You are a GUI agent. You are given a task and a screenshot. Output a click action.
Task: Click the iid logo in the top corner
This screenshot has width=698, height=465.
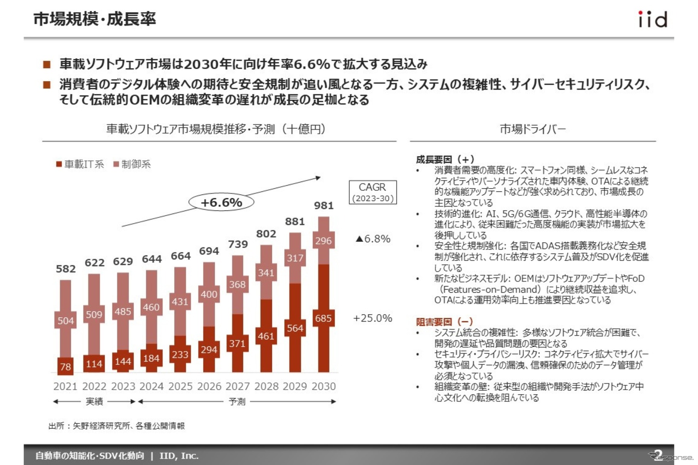tap(652, 19)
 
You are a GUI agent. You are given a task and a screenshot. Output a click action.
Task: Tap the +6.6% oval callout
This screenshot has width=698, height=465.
tap(221, 202)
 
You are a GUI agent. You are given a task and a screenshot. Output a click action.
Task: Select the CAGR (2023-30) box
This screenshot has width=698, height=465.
tap(373, 192)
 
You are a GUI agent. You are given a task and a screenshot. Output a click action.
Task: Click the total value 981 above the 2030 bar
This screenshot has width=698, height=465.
tap(323, 206)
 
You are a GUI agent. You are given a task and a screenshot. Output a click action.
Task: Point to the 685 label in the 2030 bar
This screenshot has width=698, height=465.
tap(323, 318)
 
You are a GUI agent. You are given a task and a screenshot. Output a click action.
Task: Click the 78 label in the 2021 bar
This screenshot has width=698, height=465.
tap(65, 367)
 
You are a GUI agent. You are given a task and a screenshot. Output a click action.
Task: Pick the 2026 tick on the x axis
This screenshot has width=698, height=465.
tap(209, 386)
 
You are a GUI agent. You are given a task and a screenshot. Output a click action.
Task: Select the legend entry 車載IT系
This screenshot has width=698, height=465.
tap(80, 164)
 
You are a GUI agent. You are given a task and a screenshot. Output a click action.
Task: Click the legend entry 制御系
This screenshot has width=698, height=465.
tap(132, 164)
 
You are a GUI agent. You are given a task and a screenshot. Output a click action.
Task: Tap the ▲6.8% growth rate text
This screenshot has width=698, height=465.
tap(373, 239)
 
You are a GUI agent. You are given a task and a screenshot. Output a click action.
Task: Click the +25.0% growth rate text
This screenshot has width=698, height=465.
tap(372, 318)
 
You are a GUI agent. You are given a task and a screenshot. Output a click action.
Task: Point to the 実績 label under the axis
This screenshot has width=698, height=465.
tap(94, 402)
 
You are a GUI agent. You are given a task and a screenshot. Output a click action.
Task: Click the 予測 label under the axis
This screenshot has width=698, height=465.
tap(237, 402)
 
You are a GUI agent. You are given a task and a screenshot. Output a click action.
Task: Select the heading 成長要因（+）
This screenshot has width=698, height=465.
tap(445, 159)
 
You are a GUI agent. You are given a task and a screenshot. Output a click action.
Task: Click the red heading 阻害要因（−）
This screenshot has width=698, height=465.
tap(444, 322)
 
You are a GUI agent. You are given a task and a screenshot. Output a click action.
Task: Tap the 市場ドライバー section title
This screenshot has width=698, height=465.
tap(533, 129)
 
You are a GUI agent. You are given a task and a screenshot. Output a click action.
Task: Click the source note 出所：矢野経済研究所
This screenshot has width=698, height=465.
tap(117, 426)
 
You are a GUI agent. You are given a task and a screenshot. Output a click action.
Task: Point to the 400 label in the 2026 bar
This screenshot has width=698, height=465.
tap(209, 294)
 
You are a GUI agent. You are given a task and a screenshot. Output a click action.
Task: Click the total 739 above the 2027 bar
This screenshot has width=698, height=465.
tap(238, 245)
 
